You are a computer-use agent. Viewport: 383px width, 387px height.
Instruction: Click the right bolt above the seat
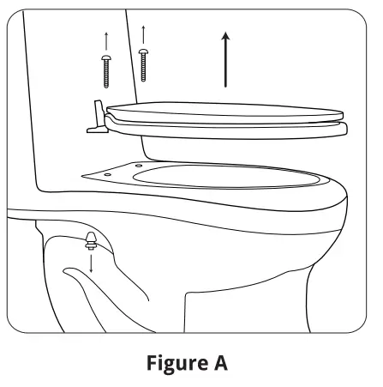pyautogui.click(x=142, y=65)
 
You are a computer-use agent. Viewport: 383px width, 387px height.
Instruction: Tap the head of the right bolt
pyautogui.click(x=142, y=53)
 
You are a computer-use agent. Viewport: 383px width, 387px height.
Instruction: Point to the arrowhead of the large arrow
pyautogui.click(x=225, y=36)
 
